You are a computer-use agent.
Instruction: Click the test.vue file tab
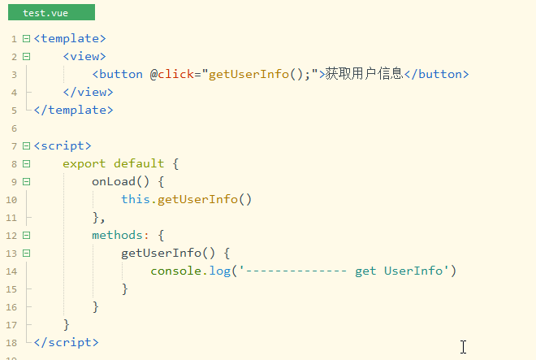point(52,12)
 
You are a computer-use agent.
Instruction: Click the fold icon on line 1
point(26,38)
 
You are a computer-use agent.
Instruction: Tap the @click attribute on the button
point(172,74)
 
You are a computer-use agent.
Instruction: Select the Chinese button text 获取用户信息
point(364,74)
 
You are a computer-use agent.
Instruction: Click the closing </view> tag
point(89,92)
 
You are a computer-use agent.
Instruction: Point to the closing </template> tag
point(73,110)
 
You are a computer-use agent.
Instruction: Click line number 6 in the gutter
point(14,128)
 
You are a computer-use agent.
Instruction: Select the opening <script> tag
point(63,145)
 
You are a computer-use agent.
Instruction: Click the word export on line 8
point(84,163)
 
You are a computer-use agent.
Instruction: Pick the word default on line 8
point(139,163)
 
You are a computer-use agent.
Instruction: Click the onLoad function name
point(114,181)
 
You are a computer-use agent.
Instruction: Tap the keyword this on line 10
point(136,199)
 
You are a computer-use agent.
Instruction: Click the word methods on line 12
point(117,235)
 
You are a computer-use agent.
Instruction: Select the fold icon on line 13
point(26,253)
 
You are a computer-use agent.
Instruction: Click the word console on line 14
point(175,271)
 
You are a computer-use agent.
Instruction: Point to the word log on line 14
point(220,271)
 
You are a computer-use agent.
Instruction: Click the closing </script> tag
point(67,342)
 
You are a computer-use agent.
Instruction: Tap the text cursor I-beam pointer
point(463,347)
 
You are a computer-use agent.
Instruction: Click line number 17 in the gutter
point(11,325)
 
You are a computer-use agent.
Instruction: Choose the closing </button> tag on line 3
point(437,74)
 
